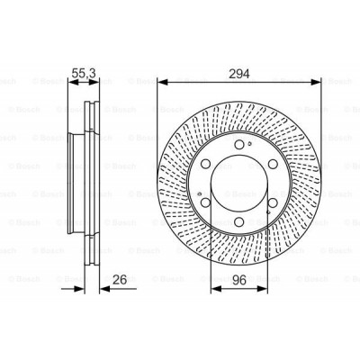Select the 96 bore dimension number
click(238, 281)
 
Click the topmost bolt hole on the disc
click(239, 143)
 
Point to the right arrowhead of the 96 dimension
click(265, 291)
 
